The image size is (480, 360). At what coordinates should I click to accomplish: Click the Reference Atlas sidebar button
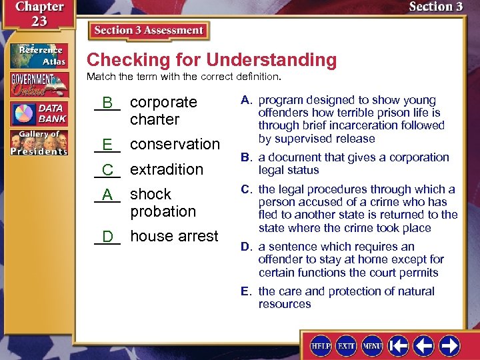pos(39,55)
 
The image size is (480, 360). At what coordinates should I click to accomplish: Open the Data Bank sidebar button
pos(39,113)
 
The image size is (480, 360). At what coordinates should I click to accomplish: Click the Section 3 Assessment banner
pos(149,31)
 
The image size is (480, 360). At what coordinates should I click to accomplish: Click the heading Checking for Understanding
pos(211,60)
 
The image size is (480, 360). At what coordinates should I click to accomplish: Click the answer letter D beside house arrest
pos(107,237)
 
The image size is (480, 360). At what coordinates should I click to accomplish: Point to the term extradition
pos(166,169)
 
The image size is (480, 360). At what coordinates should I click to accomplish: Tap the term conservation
pos(175,144)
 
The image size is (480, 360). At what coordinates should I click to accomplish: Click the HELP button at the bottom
pos(321,345)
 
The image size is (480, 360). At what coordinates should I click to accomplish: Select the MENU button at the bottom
pos(371,345)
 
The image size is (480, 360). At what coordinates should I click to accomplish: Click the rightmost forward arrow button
pos(449,345)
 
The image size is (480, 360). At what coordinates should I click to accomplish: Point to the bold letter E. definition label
pos(246,291)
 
